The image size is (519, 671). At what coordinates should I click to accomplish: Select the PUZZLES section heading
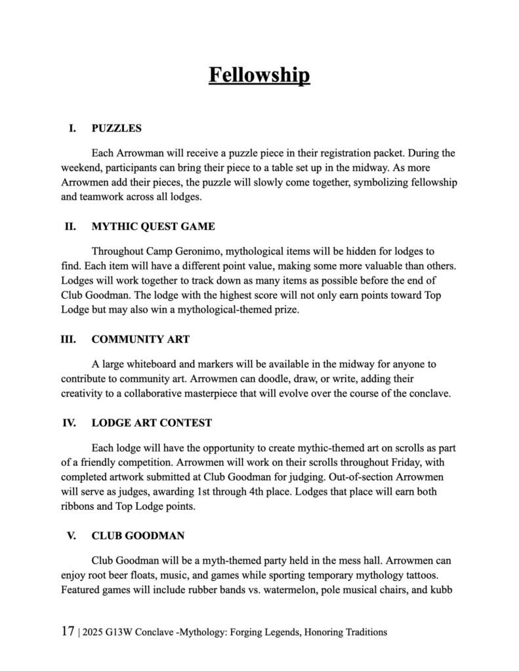116,128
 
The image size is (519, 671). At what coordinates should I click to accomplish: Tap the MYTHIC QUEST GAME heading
153,227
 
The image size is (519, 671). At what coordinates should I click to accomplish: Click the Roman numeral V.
72,535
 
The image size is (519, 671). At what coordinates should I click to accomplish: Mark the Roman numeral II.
69,227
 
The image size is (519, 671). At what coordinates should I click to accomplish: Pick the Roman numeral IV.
69,423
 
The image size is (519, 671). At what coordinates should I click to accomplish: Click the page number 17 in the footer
67,632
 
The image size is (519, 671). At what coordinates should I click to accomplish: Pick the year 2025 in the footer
94,632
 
